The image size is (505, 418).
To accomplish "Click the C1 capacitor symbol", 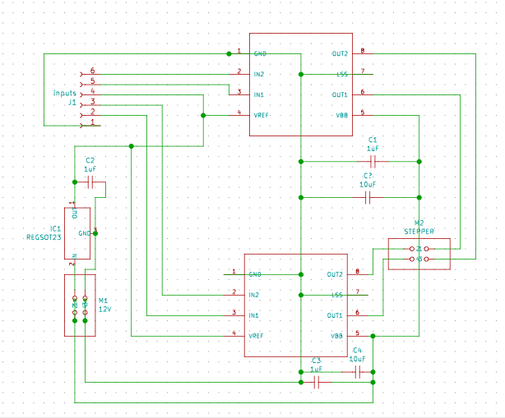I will pos(373,162).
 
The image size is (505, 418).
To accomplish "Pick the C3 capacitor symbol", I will pos(316,382).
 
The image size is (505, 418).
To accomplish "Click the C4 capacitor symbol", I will pos(357,373).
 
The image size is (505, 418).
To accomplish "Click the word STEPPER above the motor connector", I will pos(419,232).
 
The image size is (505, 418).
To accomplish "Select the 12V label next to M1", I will pos(104,310).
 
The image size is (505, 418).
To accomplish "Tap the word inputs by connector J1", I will pos(65,94).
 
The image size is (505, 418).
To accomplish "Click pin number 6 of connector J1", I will pos(93,71).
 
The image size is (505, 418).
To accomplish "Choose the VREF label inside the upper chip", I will pos(262,115).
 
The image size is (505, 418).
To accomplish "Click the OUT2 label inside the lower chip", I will pos(335,273).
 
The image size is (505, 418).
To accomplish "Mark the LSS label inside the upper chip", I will pos(341,75).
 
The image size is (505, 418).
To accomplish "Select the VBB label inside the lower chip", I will pos(336,335).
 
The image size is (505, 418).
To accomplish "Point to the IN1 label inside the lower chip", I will pos(253,315).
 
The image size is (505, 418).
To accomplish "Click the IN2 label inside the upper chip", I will pos(260,75).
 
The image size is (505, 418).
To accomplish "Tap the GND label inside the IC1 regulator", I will pos(84,233).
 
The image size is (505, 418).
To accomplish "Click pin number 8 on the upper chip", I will pos(362,51).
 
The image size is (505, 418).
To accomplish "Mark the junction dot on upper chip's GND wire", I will pos(229,53).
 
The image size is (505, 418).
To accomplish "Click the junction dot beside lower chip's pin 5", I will pos(373,336).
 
